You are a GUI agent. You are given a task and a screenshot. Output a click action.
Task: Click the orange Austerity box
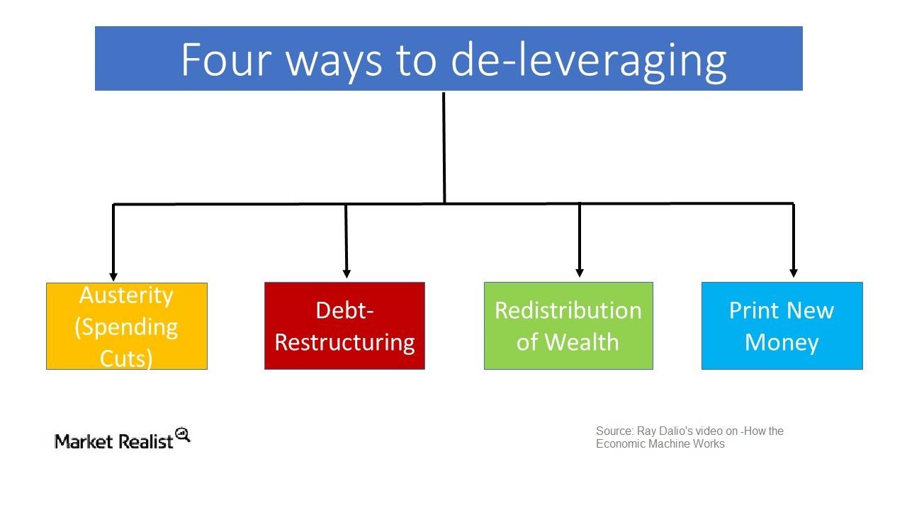[x=127, y=326]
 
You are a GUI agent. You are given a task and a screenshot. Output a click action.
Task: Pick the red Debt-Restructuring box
[x=344, y=326]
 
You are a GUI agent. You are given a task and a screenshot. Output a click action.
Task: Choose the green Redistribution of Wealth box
[x=568, y=326]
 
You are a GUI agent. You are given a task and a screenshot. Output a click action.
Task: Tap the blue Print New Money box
[x=782, y=326]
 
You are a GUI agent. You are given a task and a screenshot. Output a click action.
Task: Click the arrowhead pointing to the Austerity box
[x=113, y=276]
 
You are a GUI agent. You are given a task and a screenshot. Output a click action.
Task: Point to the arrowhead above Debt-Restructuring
[x=347, y=273]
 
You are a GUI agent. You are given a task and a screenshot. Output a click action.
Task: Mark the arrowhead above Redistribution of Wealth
[x=580, y=272]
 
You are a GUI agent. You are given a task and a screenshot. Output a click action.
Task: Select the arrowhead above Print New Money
[x=794, y=272]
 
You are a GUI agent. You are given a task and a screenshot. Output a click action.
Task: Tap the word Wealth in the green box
[x=588, y=341]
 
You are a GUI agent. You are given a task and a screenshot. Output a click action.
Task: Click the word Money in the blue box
[x=782, y=342]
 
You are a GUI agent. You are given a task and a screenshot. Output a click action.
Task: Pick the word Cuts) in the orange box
[x=126, y=358]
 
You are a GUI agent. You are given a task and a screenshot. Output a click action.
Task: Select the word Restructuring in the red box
[x=344, y=342]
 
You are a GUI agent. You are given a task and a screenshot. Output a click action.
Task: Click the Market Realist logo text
[x=114, y=441]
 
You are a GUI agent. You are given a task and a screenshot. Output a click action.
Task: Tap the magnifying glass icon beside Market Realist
[x=183, y=434]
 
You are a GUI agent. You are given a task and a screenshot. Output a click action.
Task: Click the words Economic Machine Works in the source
[x=660, y=443]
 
